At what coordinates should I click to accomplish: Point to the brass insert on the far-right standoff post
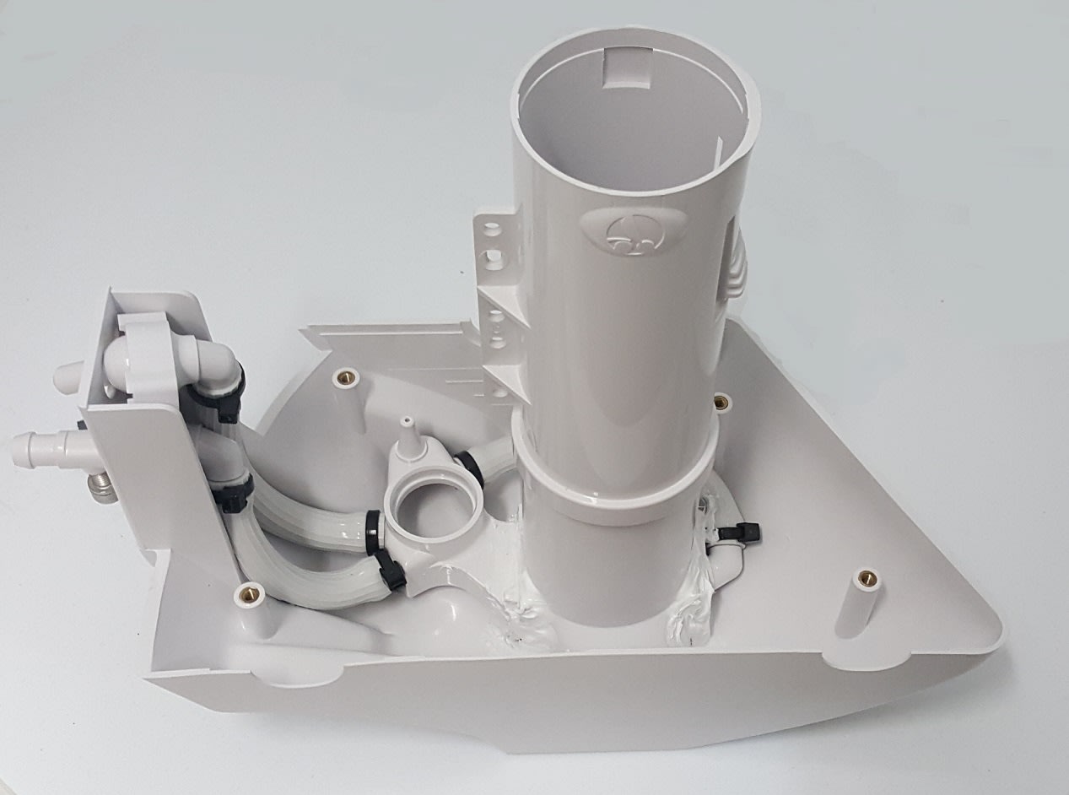[864, 579]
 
